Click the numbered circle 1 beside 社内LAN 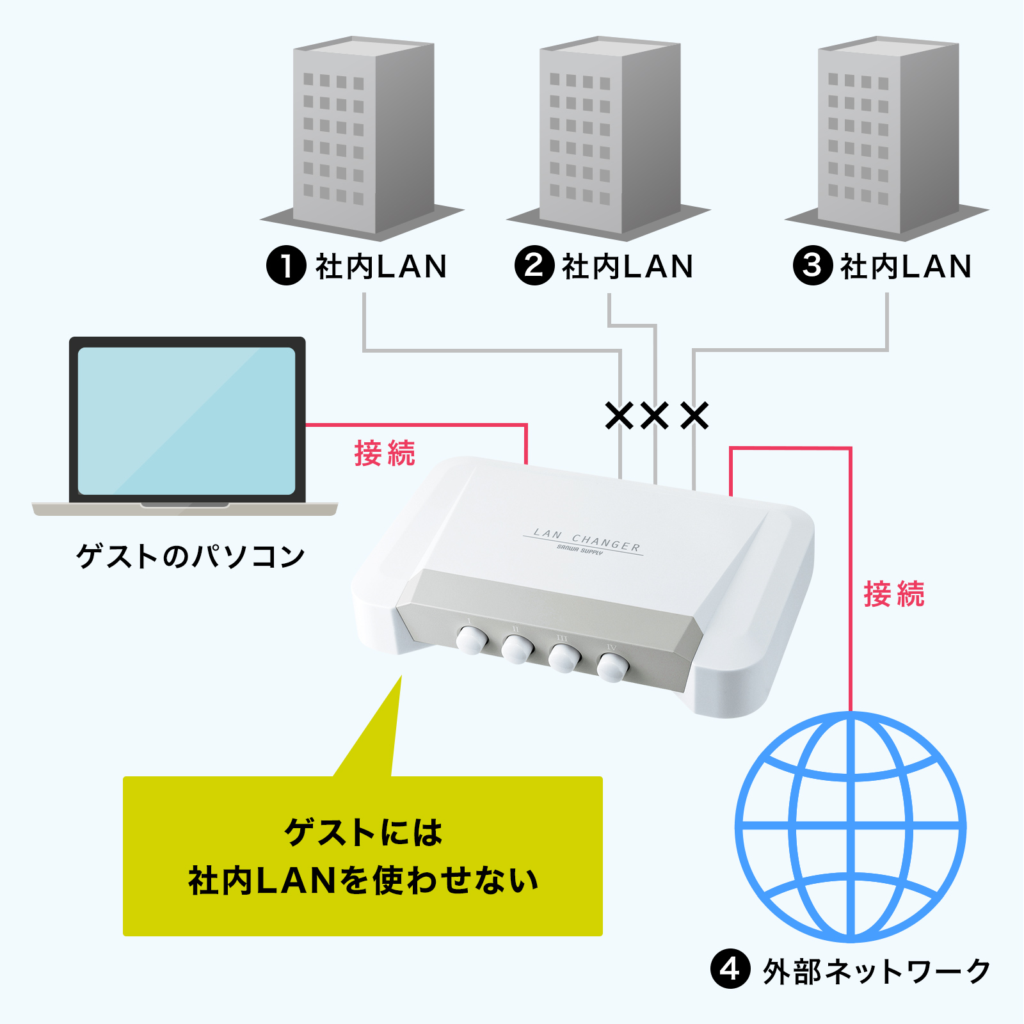coord(286,266)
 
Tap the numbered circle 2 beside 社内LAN coord(534,266)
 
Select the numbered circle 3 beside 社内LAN coord(812,266)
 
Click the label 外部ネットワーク coord(876,971)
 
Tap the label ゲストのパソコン coord(190,556)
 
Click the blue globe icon coord(851,826)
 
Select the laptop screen coord(186,420)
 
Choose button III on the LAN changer coord(564,658)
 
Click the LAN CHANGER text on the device coord(586,540)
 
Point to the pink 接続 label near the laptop coord(385,453)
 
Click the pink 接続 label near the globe coord(894,594)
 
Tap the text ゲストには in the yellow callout coord(363,832)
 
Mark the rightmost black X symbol coord(694,415)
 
